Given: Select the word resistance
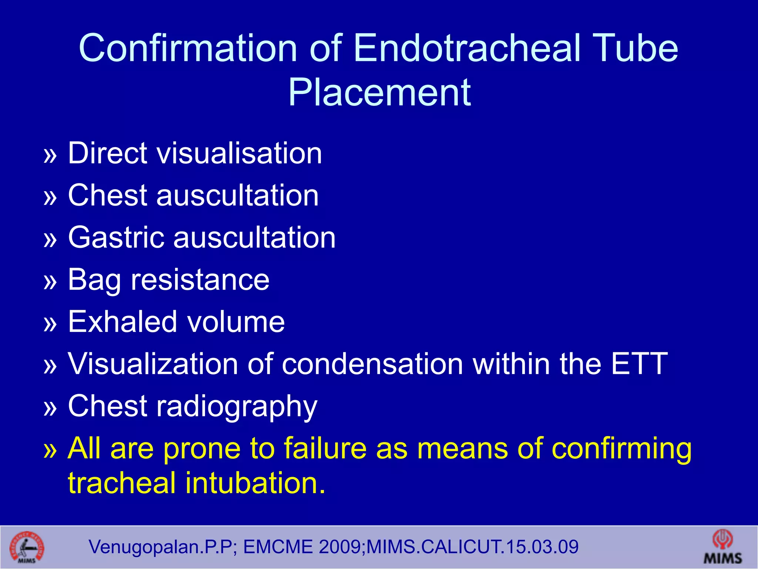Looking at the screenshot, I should click(200, 280).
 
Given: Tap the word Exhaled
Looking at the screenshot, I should click(122, 322).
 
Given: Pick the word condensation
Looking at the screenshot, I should click(372, 364).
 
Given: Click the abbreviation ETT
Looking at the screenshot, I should click(639, 364).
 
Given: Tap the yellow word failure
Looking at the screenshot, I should click(325, 448).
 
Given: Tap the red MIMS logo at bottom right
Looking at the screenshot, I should click(723, 547).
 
